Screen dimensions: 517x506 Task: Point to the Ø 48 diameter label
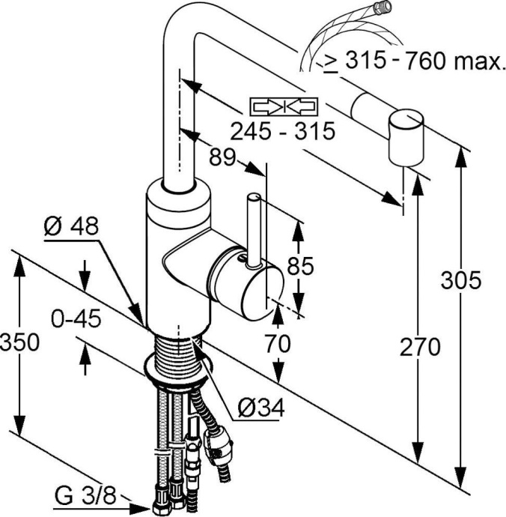(71, 227)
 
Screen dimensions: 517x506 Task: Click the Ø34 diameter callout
(260, 408)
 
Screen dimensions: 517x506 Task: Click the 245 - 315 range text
(281, 132)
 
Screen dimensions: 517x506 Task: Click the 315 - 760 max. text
(414, 61)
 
